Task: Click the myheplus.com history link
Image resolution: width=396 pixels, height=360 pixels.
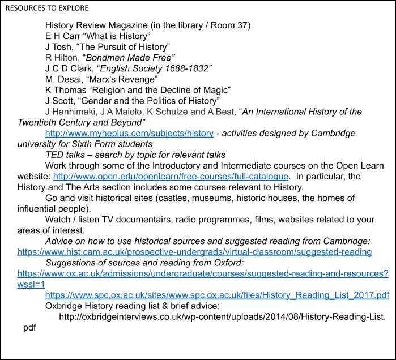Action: (x=129, y=133)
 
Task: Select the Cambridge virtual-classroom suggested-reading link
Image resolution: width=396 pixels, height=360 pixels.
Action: (x=194, y=252)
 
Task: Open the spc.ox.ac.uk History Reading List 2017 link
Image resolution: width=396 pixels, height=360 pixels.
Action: (x=217, y=295)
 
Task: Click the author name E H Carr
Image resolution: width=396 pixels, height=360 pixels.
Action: (x=65, y=36)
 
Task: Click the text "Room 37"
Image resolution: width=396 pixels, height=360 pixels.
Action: (x=227, y=25)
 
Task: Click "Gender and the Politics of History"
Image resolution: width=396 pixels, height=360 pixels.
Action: (x=150, y=101)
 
